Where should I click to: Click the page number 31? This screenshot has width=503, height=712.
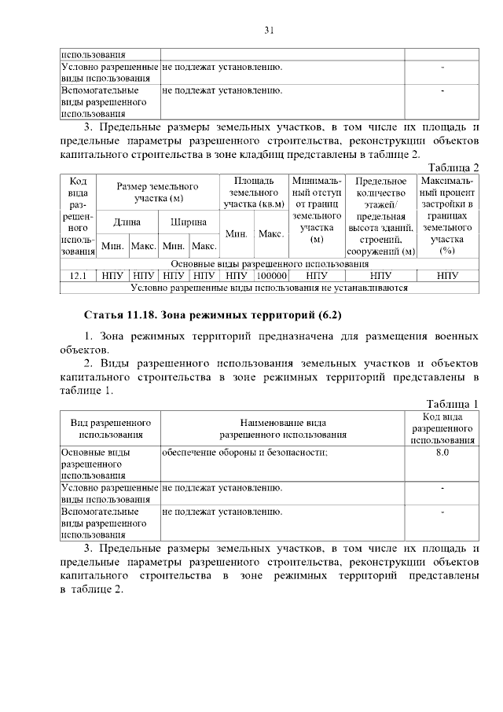click(268, 31)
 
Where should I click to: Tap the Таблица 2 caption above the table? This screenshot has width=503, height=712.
click(452, 166)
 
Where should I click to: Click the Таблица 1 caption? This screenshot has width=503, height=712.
click(452, 404)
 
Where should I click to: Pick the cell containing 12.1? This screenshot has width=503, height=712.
click(79, 276)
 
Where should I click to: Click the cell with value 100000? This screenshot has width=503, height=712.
click(271, 276)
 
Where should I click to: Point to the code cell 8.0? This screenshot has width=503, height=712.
click(442, 453)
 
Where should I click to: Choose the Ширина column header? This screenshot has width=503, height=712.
click(189, 222)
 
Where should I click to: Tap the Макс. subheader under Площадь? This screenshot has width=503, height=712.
click(271, 234)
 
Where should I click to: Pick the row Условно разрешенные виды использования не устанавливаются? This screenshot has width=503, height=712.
click(269, 288)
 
